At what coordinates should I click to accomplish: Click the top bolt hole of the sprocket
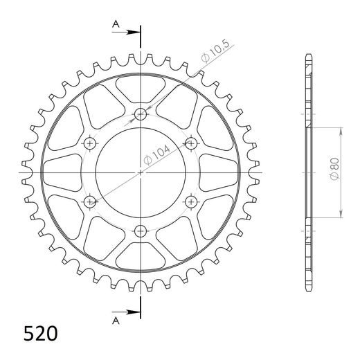pos(141,115)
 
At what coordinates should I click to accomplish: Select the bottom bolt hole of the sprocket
pos(141,230)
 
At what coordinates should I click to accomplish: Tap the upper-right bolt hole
pos(191,143)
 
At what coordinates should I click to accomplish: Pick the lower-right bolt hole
pos(191,201)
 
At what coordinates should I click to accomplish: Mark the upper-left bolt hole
pos(91,143)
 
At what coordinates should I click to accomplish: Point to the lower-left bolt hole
pos(91,201)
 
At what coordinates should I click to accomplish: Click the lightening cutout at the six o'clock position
pos(141,258)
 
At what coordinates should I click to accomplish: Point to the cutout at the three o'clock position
pos(224,172)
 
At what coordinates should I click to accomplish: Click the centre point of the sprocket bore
pos(141,172)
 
